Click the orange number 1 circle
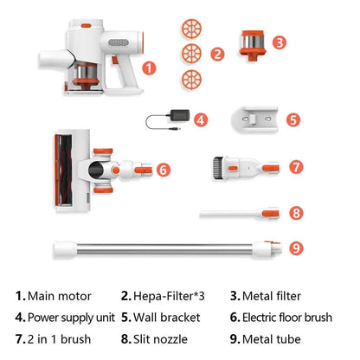(x=149, y=68)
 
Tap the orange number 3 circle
(x=280, y=42)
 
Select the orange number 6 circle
(x=164, y=170)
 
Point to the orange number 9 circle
(x=296, y=248)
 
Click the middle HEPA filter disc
(x=191, y=54)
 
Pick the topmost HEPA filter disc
(x=191, y=29)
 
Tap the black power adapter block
(x=180, y=115)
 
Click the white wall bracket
(x=255, y=119)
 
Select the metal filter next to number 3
(x=253, y=45)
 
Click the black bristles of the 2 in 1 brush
(x=218, y=168)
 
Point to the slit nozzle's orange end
(x=271, y=214)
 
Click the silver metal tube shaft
(x=164, y=249)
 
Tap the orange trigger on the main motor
(x=115, y=60)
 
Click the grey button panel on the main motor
(x=119, y=42)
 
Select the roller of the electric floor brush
(x=64, y=170)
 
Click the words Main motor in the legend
(x=60, y=296)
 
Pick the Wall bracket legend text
(x=167, y=318)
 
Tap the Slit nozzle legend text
(x=160, y=339)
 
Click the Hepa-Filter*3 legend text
(x=169, y=296)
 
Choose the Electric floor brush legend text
(x=287, y=318)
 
